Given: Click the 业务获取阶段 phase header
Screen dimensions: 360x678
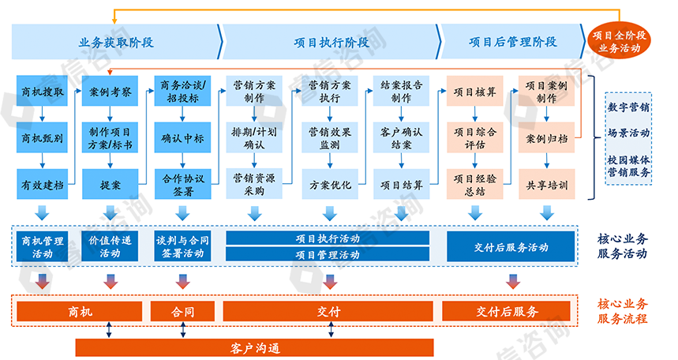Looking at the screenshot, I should point(116,42).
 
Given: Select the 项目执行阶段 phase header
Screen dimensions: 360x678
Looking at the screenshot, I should point(331,42).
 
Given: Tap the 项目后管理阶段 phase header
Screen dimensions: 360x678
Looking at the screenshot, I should point(512,42).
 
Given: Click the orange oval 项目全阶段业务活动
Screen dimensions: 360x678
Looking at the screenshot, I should point(620,41).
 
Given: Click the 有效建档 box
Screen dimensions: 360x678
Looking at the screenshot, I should point(43,186).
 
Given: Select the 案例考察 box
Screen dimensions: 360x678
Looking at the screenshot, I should point(110,92).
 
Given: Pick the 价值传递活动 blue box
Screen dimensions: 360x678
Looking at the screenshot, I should point(110,246).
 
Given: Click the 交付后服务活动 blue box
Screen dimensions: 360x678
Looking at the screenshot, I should point(511,246).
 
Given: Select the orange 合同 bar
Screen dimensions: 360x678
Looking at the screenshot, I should point(182,311).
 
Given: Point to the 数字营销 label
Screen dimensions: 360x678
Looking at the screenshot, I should point(629,106).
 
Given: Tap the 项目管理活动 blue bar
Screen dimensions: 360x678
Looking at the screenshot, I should point(328,254).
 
